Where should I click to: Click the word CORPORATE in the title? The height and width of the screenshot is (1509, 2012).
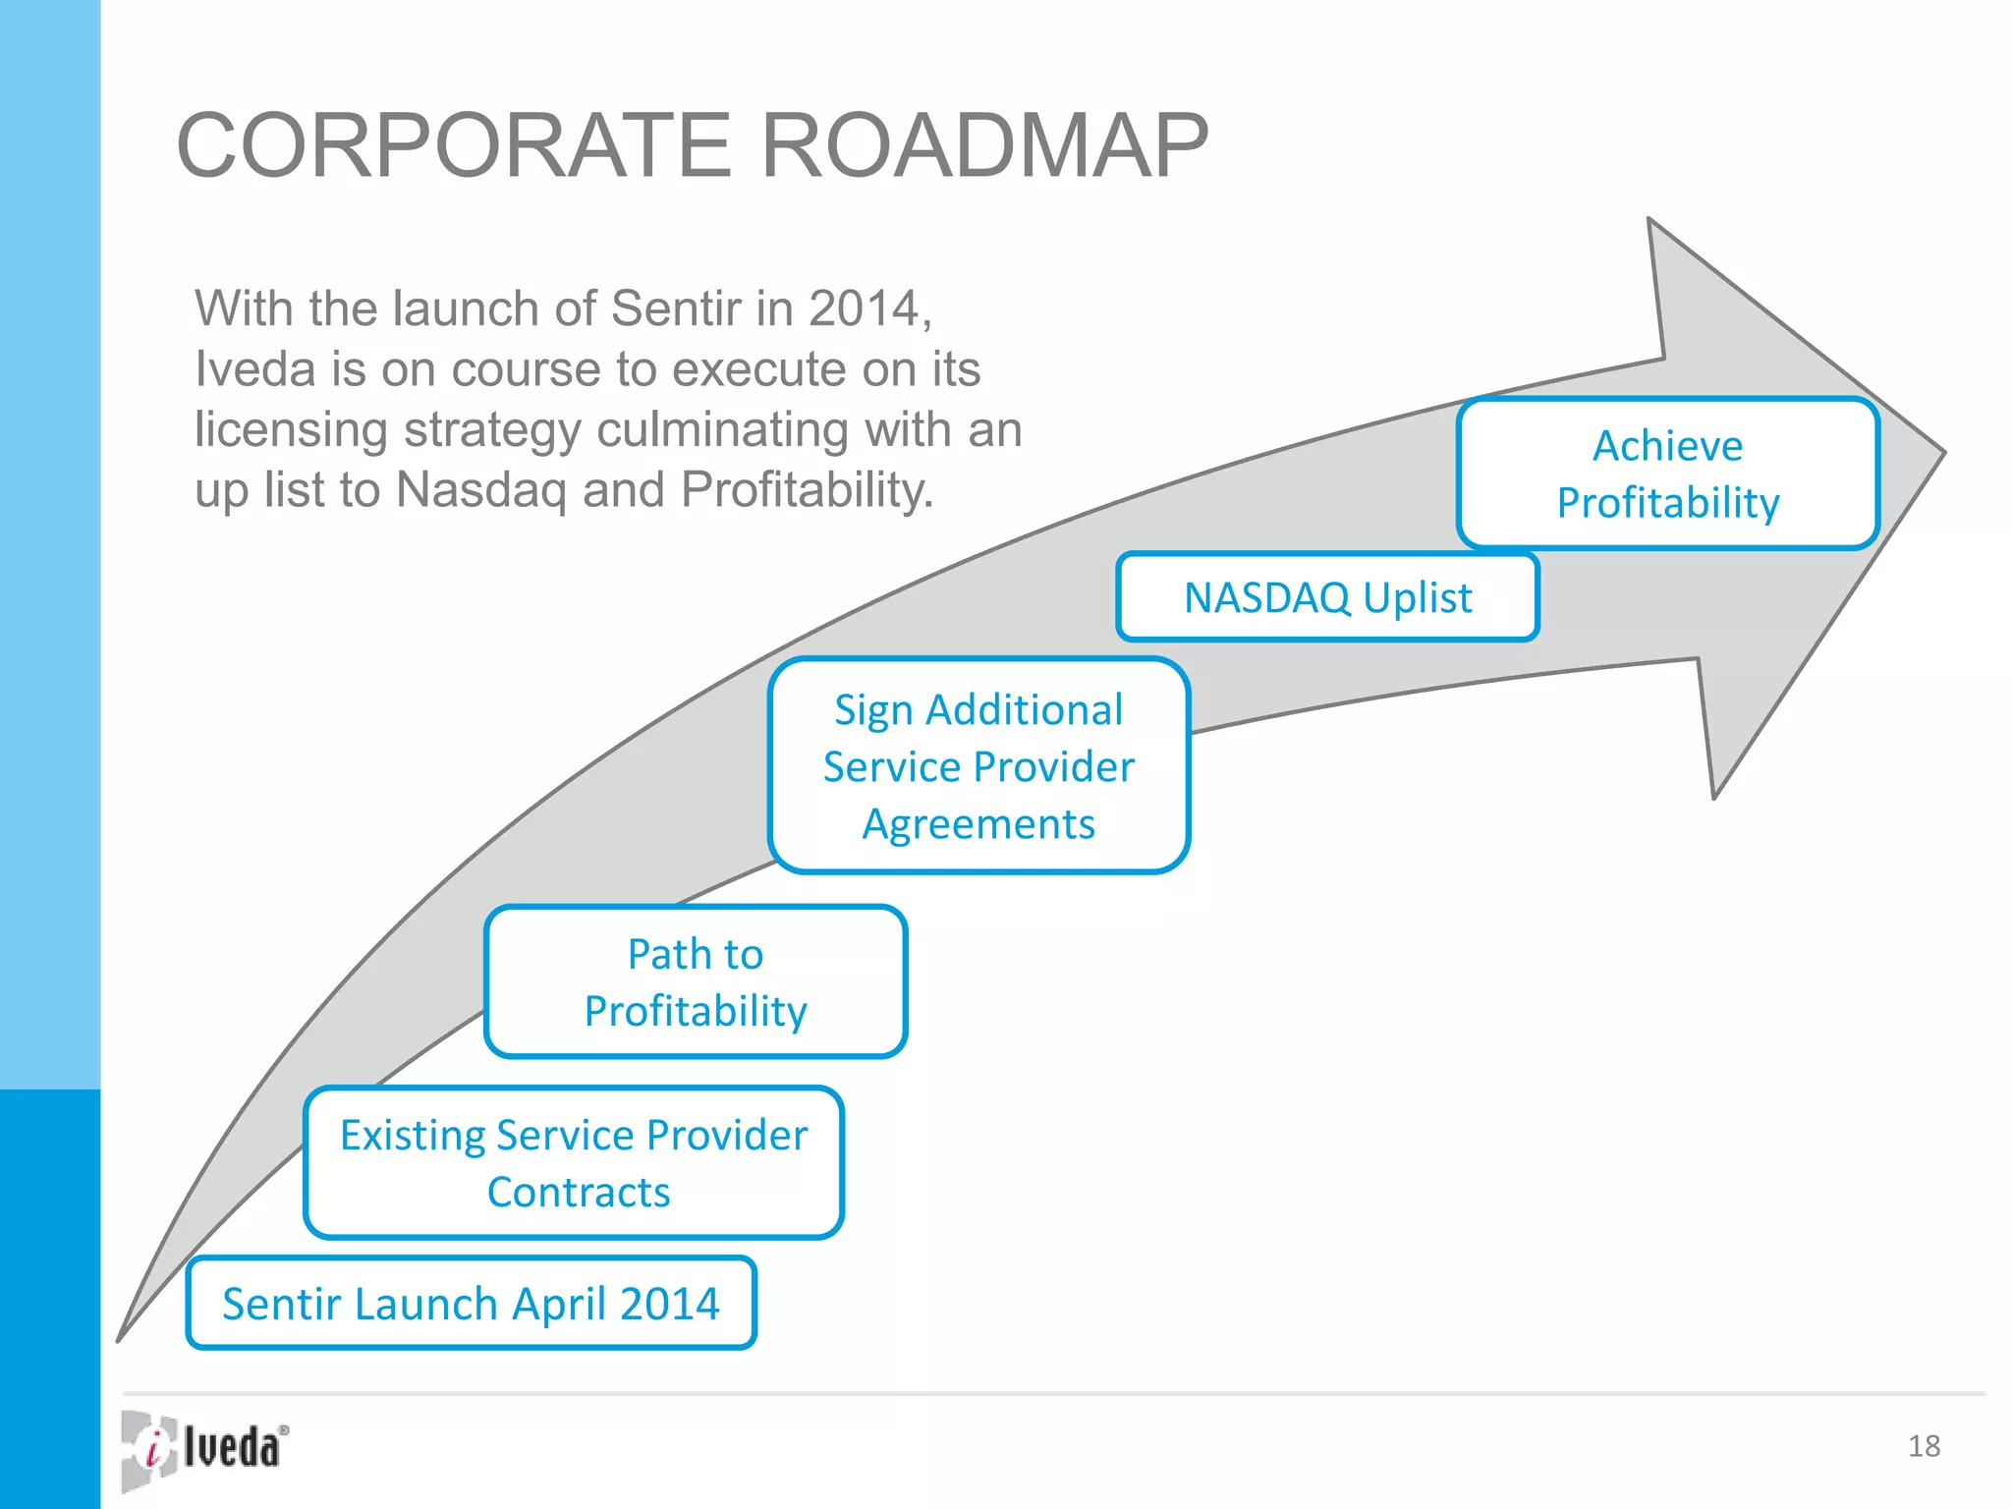pyautogui.click(x=454, y=146)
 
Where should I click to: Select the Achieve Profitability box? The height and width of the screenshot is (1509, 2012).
pyautogui.click(x=1667, y=474)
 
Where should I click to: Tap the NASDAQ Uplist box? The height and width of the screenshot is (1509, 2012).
pyautogui.click(x=1326, y=597)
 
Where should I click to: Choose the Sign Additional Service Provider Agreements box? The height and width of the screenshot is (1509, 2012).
pyautogui.click(x=978, y=765)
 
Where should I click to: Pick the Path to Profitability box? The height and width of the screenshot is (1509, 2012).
pyautogui.click(x=695, y=981)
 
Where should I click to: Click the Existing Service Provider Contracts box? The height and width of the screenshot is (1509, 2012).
pyautogui.click(x=574, y=1162)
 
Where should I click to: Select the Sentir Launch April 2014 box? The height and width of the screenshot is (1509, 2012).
pyautogui.click(x=471, y=1303)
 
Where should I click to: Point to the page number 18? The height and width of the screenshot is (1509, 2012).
pyautogui.click(x=1924, y=1446)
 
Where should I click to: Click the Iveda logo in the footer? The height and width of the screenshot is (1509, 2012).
pyautogui.click(x=205, y=1449)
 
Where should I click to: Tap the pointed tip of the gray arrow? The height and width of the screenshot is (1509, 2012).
pyautogui.click(x=1940, y=453)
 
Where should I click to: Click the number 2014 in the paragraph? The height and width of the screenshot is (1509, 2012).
pyautogui.click(x=865, y=308)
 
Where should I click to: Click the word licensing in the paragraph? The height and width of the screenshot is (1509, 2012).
pyautogui.click(x=291, y=430)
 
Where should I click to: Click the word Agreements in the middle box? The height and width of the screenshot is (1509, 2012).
pyautogui.click(x=978, y=823)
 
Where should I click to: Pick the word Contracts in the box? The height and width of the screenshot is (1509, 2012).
pyautogui.click(x=578, y=1192)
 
